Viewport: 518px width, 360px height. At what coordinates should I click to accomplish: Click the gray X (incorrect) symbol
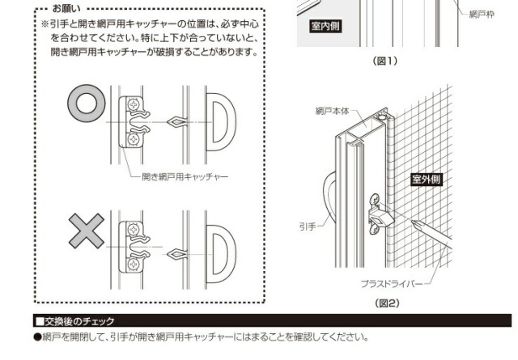(87, 231)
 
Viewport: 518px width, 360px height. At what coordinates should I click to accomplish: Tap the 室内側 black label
(325, 26)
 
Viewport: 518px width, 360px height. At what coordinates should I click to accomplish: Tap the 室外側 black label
(427, 180)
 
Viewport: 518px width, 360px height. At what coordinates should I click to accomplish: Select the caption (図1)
(385, 61)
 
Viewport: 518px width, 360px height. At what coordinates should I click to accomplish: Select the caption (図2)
(387, 303)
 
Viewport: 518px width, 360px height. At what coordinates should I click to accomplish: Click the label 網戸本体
(332, 111)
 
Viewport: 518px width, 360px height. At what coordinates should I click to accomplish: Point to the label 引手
(308, 227)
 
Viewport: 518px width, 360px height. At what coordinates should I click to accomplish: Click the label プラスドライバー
(392, 284)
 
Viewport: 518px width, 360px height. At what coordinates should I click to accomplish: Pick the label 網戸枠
(482, 15)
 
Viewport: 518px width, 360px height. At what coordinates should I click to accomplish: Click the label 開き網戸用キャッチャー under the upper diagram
(185, 176)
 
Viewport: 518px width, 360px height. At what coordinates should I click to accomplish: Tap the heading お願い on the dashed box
(66, 9)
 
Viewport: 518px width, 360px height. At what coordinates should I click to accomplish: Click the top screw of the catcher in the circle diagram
(134, 105)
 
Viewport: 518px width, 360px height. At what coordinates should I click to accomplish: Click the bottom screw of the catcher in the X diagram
(134, 265)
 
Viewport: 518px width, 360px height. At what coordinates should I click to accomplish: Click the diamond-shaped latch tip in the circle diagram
(176, 122)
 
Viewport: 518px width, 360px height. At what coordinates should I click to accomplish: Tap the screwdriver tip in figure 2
(412, 222)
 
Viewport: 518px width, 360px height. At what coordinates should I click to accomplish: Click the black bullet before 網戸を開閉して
(38, 337)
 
